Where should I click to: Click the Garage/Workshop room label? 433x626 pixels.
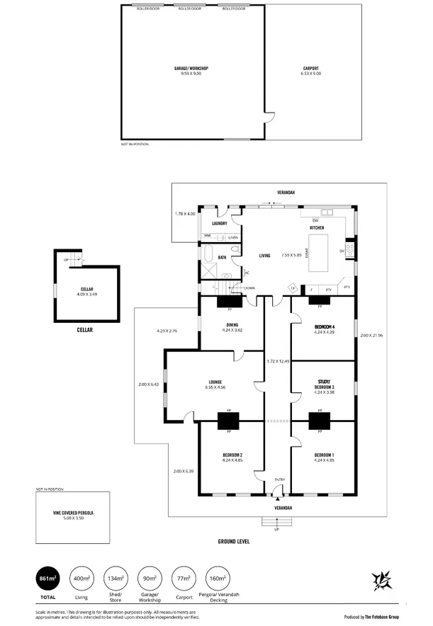tap(191, 69)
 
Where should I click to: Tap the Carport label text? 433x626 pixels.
tap(311, 69)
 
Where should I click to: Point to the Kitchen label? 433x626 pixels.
tap(316, 229)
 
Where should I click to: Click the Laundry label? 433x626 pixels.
tap(218, 224)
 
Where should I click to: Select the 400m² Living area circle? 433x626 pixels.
tap(81, 580)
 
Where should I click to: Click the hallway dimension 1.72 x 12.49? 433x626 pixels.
tap(278, 361)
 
